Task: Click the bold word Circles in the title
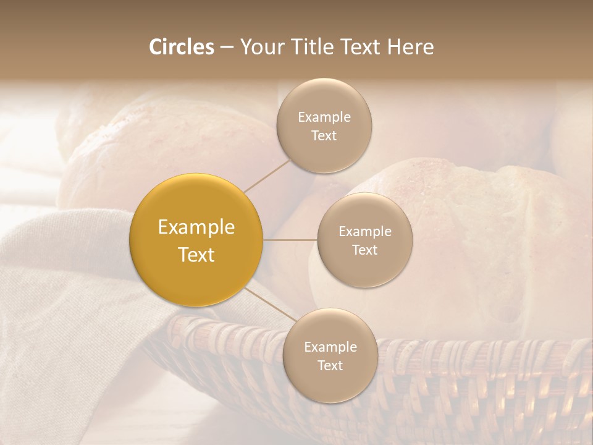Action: [182, 47]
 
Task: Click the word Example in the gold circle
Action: [196, 227]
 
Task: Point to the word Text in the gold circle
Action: [196, 255]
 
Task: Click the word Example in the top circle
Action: [324, 117]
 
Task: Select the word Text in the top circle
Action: [324, 136]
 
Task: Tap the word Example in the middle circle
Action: [365, 232]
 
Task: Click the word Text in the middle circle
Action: [365, 250]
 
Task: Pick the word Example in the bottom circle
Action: [330, 347]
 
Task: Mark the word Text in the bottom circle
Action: [330, 366]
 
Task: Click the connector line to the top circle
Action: [266, 176]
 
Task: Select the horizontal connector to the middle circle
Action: [290, 240]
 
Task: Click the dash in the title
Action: [227, 48]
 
